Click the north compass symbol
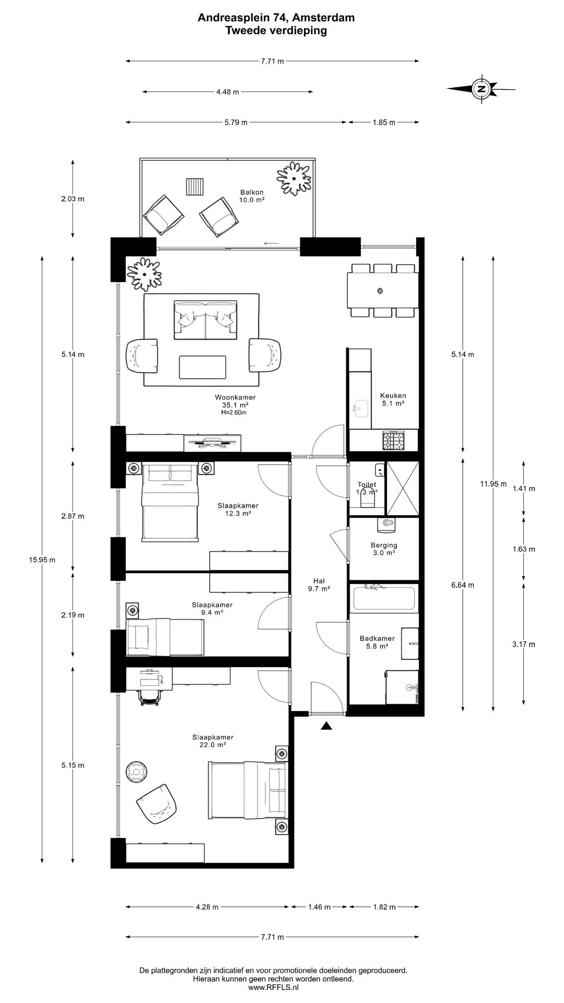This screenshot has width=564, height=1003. tap(480, 88)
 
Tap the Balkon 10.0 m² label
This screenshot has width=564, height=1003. tap(252, 196)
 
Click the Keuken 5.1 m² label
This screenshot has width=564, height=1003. tap(393, 400)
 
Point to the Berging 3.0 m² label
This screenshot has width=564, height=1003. tap(384, 549)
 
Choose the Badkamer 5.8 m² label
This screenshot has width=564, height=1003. tap(377, 642)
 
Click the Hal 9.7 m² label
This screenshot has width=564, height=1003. tap(319, 585)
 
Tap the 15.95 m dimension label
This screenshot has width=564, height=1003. tap(42, 559)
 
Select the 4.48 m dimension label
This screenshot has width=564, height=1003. tap(228, 92)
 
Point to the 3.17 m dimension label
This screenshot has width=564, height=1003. tap(524, 644)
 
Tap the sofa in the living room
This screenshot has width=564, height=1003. tap(205, 320)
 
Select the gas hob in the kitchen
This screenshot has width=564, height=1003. tap(394, 441)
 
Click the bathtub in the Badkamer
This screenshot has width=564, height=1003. tap(384, 598)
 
